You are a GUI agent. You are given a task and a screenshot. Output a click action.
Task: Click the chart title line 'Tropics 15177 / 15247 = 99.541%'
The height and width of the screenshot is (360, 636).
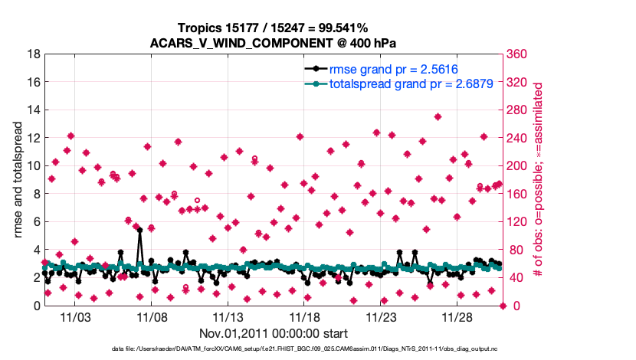pos(274,28)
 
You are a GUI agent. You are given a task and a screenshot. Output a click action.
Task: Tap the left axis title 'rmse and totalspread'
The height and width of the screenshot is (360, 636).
pos(19,180)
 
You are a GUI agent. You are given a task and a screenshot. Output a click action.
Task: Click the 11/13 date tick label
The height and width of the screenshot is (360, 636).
pos(228,317)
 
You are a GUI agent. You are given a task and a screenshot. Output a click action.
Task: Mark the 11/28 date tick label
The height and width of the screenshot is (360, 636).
pos(457,317)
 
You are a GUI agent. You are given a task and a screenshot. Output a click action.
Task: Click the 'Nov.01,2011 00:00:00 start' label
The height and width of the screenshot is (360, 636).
pos(274,333)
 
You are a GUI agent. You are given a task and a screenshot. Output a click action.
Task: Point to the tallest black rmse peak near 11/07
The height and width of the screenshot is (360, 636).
pos(139,230)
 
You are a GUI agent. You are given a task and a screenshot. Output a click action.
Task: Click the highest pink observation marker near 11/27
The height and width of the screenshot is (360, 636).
pos(438,117)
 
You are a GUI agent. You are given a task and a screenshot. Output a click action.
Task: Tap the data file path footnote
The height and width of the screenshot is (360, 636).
pos(318,351)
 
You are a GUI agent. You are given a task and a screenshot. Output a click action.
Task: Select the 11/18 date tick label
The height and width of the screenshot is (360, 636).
pos(305,317)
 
